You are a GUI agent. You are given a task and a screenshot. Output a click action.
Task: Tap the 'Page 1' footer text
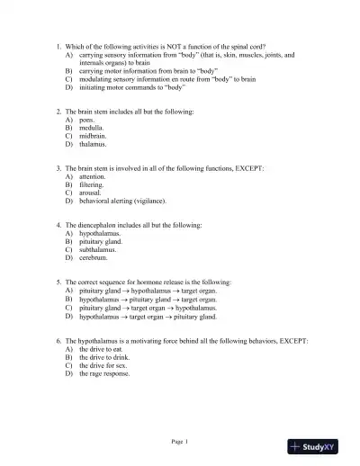click(x=180, y=441)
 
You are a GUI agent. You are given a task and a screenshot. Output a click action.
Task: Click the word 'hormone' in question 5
click(x=155, y=282)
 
